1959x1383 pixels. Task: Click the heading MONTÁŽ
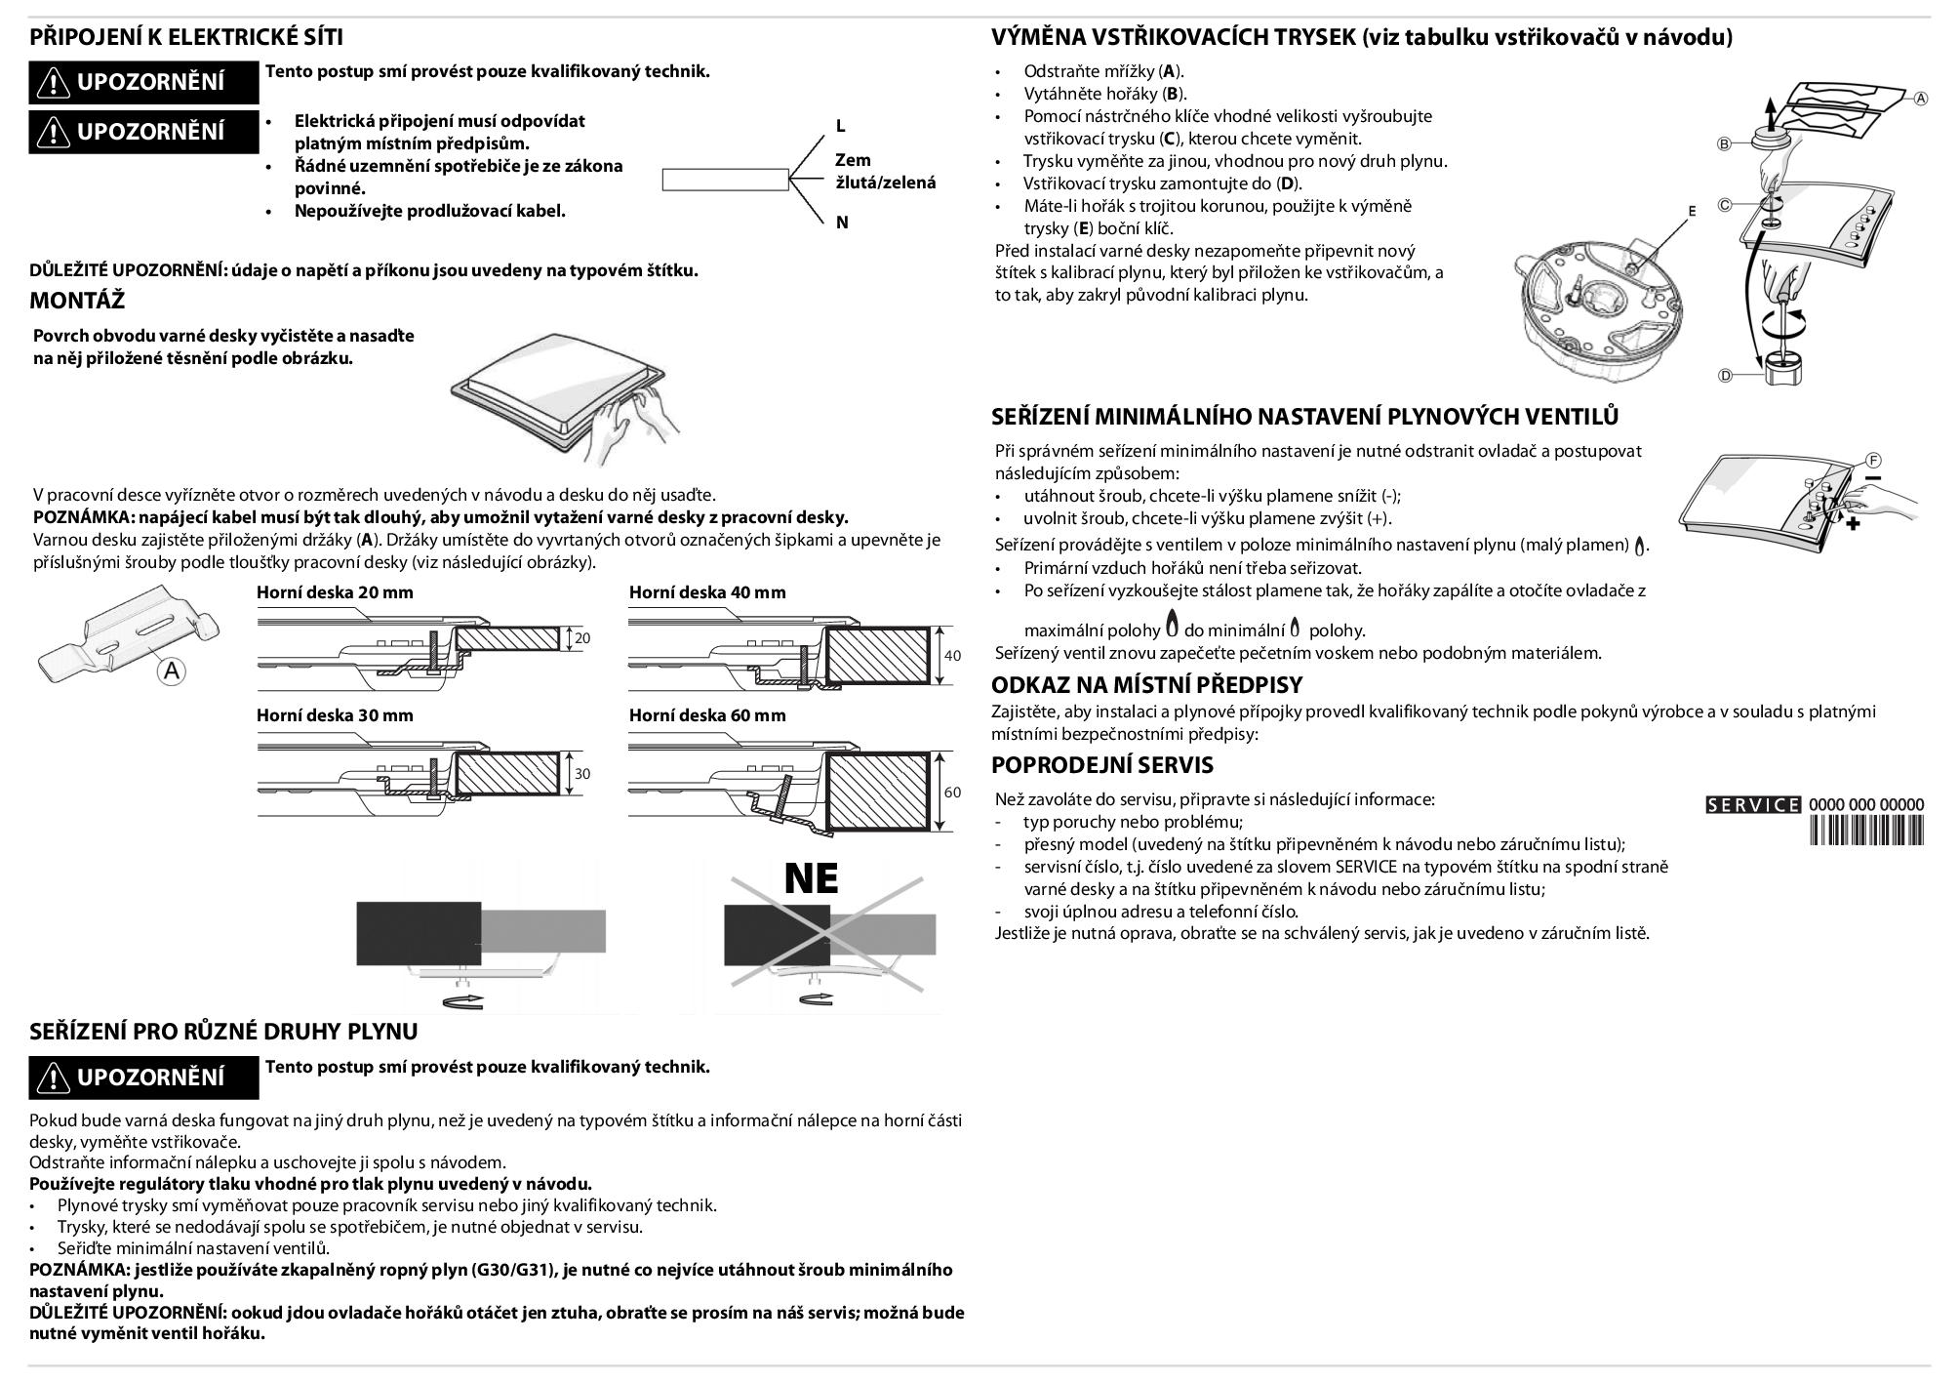(77, 301)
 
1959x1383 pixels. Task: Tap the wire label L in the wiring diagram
(841, 126)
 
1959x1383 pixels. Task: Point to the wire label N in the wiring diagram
(842, 223)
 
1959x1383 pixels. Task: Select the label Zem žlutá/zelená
(884, 171)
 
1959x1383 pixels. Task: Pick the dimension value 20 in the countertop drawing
(582, 638)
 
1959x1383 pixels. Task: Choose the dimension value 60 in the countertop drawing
(953, 793)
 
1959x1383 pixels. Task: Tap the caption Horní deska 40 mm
(707, 592)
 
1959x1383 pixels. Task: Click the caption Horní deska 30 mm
(335, 715)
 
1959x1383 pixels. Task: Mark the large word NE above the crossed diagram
(811, 878)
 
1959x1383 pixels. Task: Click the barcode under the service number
(1866, 831)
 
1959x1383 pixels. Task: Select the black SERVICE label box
(1753, 805)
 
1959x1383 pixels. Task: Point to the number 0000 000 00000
(1866, 805)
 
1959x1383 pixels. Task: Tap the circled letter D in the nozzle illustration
(1725, 376)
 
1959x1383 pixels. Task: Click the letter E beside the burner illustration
(1692, 211)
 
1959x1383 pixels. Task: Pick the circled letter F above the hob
(1874, 461)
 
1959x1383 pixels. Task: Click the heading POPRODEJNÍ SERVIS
(1102, 765)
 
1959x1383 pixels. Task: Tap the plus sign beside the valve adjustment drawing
(1853, 524)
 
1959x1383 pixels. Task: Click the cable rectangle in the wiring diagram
(725, 180)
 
